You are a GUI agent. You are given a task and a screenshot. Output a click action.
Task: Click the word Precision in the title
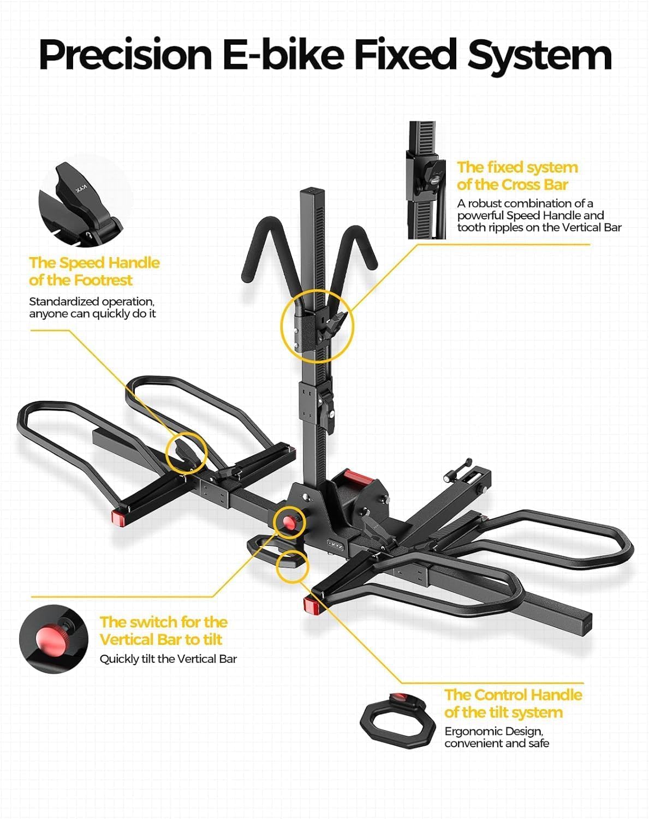point(126,55)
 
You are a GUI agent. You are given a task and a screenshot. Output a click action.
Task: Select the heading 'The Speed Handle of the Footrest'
point(94,271)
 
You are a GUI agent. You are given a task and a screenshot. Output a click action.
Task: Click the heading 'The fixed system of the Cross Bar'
point(517,176)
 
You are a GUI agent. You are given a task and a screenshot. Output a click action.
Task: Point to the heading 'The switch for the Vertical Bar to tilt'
point(163,631)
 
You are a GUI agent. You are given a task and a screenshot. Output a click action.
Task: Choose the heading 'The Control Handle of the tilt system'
point(513,703)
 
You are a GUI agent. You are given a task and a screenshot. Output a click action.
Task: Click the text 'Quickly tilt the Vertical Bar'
point(168,659)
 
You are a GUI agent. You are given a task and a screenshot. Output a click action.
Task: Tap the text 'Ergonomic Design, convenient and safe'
point(496,737)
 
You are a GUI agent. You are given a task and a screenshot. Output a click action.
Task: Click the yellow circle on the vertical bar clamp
point(317,325)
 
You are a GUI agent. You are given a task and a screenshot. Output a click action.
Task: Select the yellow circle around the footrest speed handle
point(186,452)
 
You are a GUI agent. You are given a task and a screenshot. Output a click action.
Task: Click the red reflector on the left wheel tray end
point(118,517)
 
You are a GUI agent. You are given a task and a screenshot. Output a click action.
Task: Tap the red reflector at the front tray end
point(311,604)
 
